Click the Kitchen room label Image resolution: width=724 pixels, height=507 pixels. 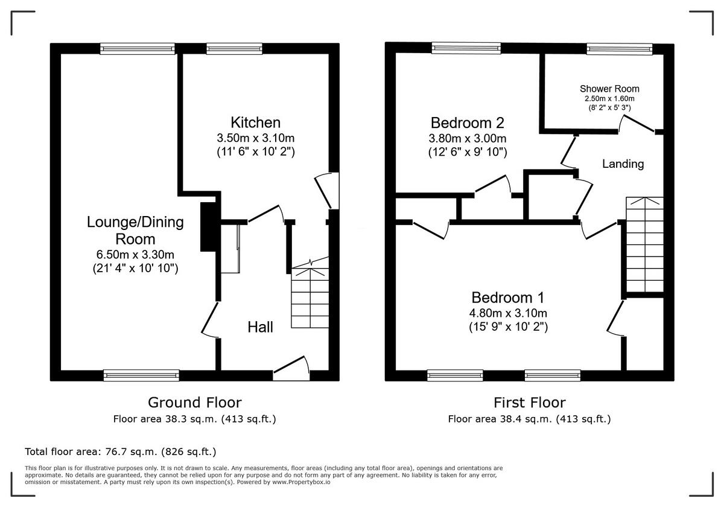point(255,122)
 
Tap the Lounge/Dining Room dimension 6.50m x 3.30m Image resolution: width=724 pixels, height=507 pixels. point(135,254)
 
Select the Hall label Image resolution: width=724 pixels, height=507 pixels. point(260,327)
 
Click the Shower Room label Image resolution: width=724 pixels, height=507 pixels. point(609,89)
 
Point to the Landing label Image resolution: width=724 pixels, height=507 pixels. point(623,164)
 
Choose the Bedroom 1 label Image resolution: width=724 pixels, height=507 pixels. point(507,297)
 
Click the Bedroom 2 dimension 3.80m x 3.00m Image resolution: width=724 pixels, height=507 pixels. point(468,138)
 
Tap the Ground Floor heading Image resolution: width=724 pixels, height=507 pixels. point(195,402)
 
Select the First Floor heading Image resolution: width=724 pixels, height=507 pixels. point(529,402)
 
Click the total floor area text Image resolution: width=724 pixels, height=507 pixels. point(120,451)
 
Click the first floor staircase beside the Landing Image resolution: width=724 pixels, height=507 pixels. point(644,244)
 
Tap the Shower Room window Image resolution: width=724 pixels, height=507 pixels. point(619,49)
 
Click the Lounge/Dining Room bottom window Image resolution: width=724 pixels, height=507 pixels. point(141,375)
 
